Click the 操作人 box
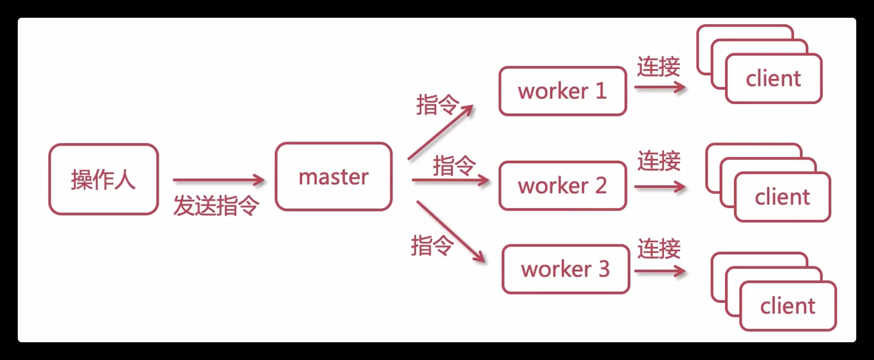(104, 179)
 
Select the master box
(333, 177)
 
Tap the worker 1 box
(562, 91)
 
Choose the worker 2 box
(562, 186)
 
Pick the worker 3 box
(565, 269)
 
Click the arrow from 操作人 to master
(218, 180)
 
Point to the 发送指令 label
(216, 206)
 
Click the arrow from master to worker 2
(450, 180)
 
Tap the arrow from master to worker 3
(450, 231)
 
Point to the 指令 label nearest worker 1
(437, 105)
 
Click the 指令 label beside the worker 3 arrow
(431, 245)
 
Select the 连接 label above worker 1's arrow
(658, 67)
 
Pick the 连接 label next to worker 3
(658, 249)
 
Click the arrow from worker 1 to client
(659, 88)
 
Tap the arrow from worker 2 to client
(659, 187)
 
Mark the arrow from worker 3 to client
(659, 271)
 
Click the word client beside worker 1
(773, 79)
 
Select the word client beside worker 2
(782, 197)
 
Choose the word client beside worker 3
(787, 306)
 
